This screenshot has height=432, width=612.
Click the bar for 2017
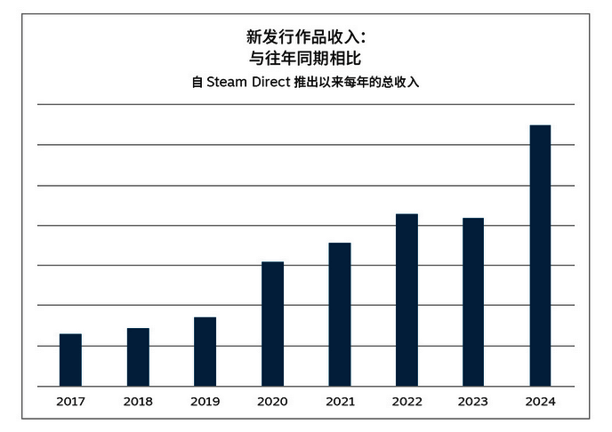[x=70, y=360]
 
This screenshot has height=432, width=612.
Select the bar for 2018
[x=138, y=357]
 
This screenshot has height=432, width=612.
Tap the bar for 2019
[x=205, y=352]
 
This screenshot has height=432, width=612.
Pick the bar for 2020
[x=272, y=324]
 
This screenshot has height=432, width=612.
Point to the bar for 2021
[x=340, y=315]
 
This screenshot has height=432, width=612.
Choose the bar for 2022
[x=407, y=300]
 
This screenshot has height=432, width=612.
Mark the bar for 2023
[x=473, y=302]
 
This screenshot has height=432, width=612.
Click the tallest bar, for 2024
[x=540, y=256]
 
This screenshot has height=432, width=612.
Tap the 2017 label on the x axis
[x=70, y=402]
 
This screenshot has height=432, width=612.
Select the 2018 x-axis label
[x=138, y=402]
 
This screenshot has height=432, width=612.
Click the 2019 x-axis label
[x=205, y=402]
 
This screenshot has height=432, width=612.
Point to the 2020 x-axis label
[x=272, y=402]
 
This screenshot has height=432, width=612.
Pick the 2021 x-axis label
[x=340, y=402]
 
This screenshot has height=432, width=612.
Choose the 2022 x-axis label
[x=407, y=402]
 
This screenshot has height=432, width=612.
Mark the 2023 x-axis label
[x=473, y=402]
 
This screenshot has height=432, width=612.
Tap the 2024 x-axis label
[x=540, y=402]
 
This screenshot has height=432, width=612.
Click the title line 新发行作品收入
[x=305, y=37]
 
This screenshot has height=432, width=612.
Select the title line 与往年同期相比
[x=305, y=60]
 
